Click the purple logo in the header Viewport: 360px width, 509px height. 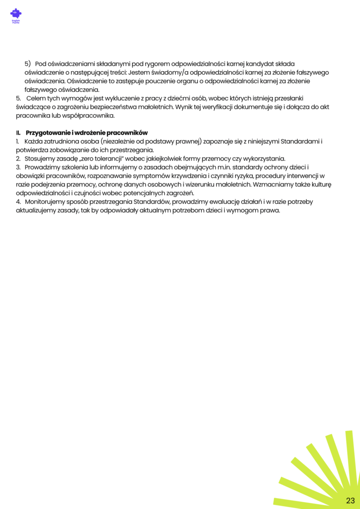(x=16, y=15)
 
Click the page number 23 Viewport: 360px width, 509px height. (x=351, y=500)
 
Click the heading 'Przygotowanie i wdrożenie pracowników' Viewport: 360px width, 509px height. (x=87, y=133)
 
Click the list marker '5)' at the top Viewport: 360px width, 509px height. (x=28, y=64)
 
